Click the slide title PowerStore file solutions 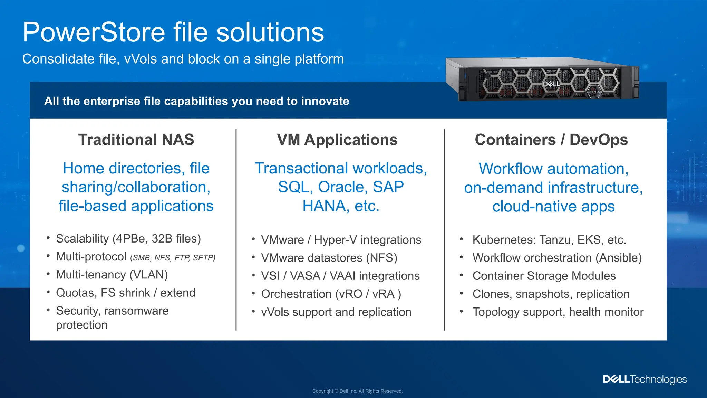pos(173,32)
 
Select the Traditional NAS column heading pos(136,140)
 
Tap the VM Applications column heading pos(337,140)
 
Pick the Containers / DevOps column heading pos(551,140)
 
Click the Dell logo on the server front pos(551,84)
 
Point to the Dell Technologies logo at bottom pos(645,379)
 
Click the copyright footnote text pos(357,391)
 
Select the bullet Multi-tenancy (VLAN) pos(112,275)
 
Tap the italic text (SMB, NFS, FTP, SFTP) pos(173,258)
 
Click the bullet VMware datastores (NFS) pos(329,258)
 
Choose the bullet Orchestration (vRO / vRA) pos(331,294)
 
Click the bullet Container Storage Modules pos(544,276)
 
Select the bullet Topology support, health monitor pos(558,312)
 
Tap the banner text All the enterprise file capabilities pos(196,101)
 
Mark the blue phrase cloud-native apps pos(553,207)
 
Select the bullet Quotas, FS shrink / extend pos(126,293)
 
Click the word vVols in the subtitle pos(141,59)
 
